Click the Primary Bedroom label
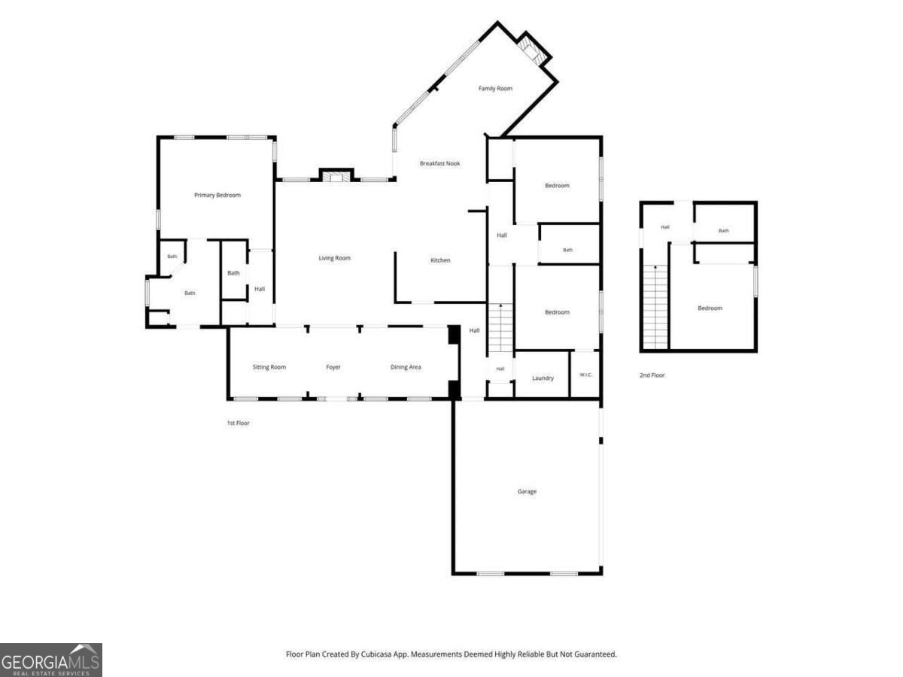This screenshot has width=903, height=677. tap(217, 195)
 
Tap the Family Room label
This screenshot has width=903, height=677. tap(495, 88)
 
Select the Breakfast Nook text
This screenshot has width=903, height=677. tap(439, 163)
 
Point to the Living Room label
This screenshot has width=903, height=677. tap(334, 258)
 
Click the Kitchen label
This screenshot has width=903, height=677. tap(440, 260)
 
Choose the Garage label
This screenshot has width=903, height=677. tap(527, 491)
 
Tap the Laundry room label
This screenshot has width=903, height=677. tap(543, 378)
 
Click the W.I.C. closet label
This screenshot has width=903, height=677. tap(585, 375)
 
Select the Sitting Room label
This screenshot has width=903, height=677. tap(269, 367)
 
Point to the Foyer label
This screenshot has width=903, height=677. tap(333, 367)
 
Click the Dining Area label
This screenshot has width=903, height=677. tap(406, 367)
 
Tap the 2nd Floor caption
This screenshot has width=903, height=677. tap(652, 375)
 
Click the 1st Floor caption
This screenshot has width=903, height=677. tap(239, 423)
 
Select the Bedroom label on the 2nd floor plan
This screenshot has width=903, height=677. tap(710, 308)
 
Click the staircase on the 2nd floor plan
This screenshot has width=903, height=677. tap(655, 307)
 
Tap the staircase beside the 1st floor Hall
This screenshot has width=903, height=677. tap(500, 328)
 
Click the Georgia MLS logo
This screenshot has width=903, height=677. tap(51, 660)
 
